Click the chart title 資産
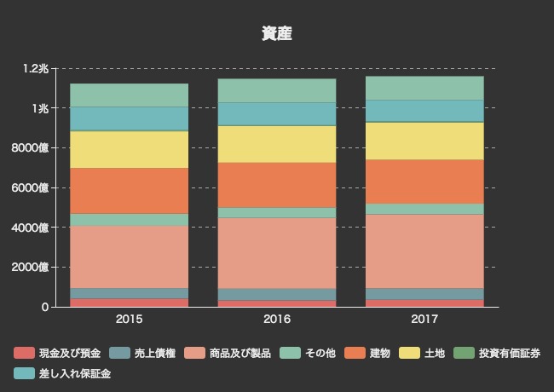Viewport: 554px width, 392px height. [x=277, y=33]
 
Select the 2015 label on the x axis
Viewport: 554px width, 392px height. [x=129, y=320]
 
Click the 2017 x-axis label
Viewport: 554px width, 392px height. [x=424, y=320]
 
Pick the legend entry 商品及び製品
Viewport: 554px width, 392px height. [x=239, y=353]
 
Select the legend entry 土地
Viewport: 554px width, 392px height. [x=434, y=353]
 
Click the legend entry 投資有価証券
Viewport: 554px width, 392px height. [x=508, y=353]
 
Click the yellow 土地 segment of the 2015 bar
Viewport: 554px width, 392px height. [x=129, y=149]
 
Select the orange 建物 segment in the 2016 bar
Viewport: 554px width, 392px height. [x=276, y=185]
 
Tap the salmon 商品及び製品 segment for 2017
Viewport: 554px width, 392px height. [x=424, y=251]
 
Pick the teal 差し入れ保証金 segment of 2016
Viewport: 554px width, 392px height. [x=276, y=114]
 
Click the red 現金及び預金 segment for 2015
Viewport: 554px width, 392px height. [x=129, y=303]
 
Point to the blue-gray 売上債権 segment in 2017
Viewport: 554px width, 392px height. [x=424, y=294]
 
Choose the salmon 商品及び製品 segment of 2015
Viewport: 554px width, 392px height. [x=129, y=257]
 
